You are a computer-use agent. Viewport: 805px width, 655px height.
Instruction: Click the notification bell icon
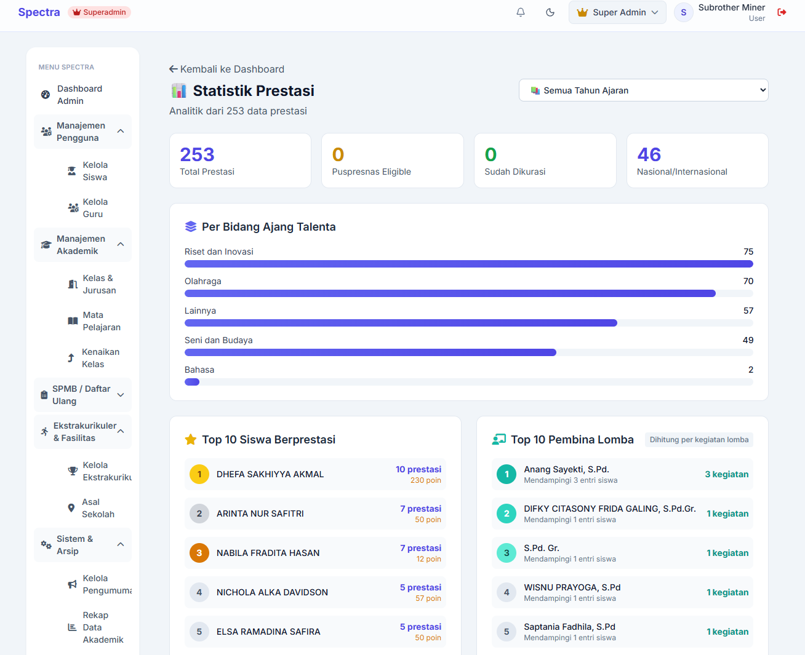tap(521, 12)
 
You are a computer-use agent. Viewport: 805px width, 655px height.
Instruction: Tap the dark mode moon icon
tap(550, 12)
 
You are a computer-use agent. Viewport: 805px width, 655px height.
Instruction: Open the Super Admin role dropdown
tap(617, 12)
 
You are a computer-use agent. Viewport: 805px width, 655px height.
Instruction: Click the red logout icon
tap(782, 12)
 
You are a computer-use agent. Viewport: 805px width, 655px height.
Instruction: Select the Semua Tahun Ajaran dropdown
tap(643, 90)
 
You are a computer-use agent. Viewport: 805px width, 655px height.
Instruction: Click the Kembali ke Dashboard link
tap(226, 69)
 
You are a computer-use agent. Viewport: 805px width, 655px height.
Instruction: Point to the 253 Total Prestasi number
tap(197, 154)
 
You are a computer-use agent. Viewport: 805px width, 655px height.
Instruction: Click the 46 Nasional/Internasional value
tap(649, 154)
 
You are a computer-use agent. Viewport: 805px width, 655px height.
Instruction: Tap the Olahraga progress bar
tap(450, 293)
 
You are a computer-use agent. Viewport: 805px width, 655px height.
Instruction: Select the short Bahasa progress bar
tap(192, 382)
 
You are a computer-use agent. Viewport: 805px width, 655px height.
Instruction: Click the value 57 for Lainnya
tap(748, 311)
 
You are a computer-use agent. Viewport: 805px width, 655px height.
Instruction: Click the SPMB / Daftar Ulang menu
tap(82, 395)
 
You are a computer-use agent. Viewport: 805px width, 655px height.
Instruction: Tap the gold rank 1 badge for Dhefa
tap(199, 474)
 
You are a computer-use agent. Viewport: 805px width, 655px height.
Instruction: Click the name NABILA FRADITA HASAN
tap(268, 553)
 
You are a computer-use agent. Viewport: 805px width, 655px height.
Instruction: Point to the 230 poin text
tap(425, 480)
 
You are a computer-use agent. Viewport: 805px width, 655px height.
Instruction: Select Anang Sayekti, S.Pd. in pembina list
tap(566, 469)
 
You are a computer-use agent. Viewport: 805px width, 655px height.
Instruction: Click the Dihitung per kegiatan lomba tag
tap(699, 440)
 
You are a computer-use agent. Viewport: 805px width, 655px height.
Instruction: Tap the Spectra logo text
tap(39, 12)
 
